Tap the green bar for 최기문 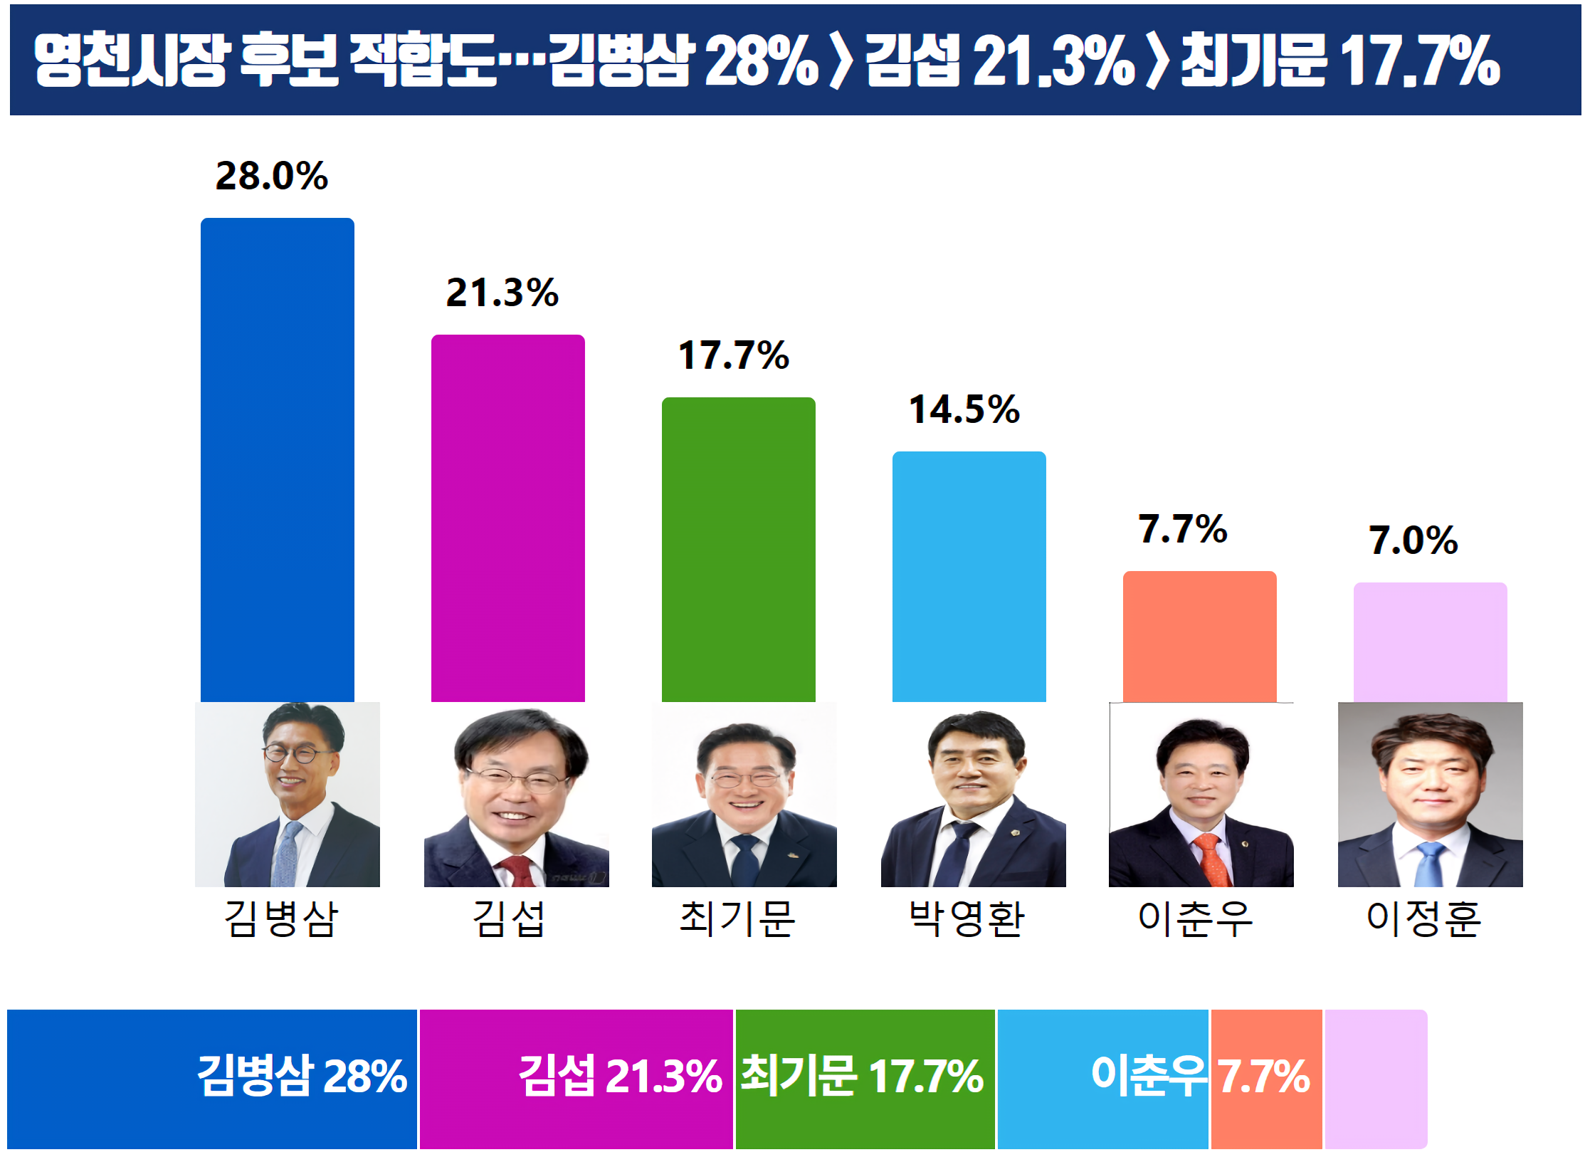coord(738,549)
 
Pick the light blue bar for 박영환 coord(969,576)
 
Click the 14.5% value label coord(964,409)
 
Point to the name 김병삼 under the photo coord(281,918)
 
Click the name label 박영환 coord(967,918)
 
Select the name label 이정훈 coord(1423,918)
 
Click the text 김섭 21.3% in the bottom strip coord(619,1075)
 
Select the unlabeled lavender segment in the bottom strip coord(1375,1079)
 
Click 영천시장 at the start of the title coord(132,60)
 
